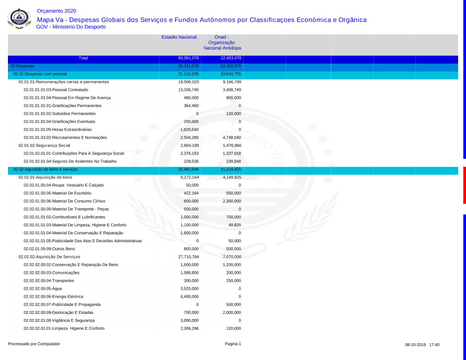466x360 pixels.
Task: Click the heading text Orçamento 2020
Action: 56,11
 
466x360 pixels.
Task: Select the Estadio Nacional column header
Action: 179,37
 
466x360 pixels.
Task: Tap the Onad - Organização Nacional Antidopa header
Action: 222,43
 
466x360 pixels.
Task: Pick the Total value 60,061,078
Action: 189,58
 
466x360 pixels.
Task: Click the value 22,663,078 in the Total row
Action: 231,58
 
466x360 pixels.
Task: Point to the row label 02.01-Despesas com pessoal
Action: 40,74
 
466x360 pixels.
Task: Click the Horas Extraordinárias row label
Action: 58,129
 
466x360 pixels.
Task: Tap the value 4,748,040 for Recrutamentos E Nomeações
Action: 232,137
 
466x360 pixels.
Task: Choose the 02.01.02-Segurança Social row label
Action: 44,145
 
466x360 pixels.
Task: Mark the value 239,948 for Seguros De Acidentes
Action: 233,161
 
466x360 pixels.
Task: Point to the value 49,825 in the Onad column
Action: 234,225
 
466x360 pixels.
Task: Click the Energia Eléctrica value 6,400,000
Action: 190,297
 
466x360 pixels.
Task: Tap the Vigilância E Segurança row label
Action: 59,320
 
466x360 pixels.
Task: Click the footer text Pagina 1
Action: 233,344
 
